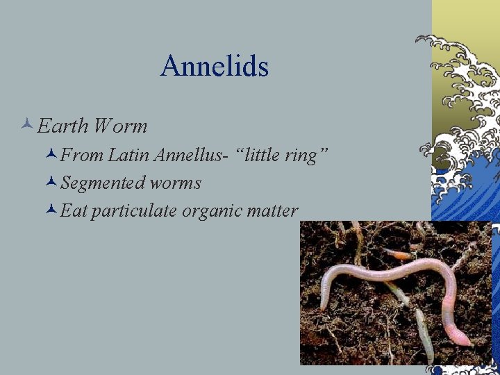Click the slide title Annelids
214,67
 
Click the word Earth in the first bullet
63,126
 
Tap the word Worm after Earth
120,126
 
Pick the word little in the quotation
260,156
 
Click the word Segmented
102,183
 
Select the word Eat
74,211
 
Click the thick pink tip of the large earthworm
458,339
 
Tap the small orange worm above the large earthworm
399,255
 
